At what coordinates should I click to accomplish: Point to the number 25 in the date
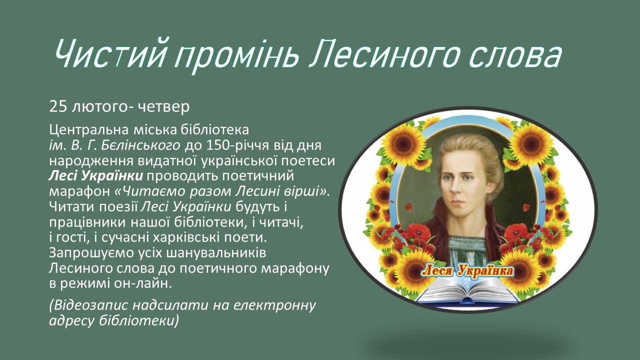pyautogui.click(x=58, y=107)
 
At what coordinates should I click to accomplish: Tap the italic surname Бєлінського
pyautogui.click(x=141, y=145)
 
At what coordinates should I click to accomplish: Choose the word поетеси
pyautogui.click(x=308, y=161)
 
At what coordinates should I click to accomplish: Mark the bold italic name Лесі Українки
pyautogui.click(x=95, y=176)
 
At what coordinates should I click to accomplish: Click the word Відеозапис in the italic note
pyautogui.click(x=88, y=305)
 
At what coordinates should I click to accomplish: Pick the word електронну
pyautogui.click(x=274, y=305)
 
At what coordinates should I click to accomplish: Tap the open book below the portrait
pyautogui.click(x=467, y=291)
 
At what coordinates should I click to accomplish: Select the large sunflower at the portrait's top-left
pyautogui.click(x=403, y=143)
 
